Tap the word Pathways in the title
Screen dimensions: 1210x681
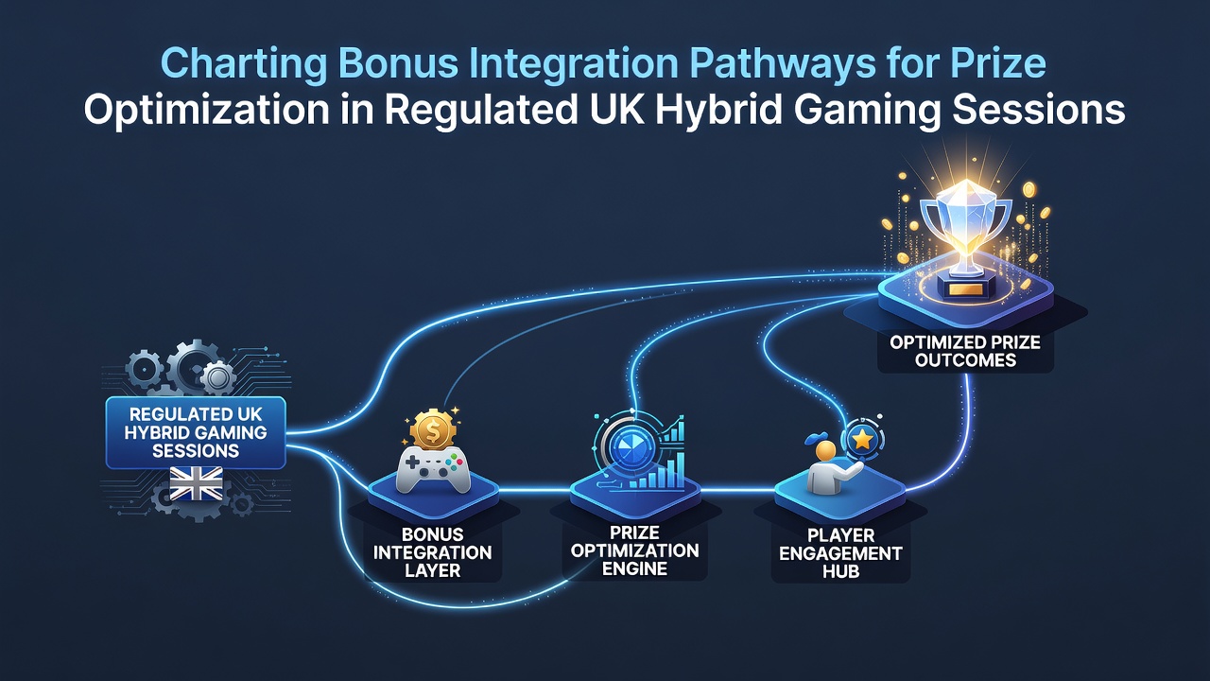[x=783, y=64]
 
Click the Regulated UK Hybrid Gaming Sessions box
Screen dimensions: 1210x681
[x=196, y=432]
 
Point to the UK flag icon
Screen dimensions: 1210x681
[x=196, y=483]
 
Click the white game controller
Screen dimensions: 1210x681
[x=433, y=468]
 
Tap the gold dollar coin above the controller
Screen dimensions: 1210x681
[x=433, y=429]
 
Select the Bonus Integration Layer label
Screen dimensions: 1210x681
[x=432, y=552]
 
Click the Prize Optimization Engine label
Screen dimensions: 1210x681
[x=634, y=550]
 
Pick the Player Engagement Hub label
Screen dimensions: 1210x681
[x=840, y=553]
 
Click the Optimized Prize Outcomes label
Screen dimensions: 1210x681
[x=965, y=351]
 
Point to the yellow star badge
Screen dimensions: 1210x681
[x=863, y=440]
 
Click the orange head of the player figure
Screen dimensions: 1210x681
[x=825, y=451]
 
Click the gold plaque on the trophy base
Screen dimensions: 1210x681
[x=965, y=289]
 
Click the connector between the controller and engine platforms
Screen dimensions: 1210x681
[x=534, y=491]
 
